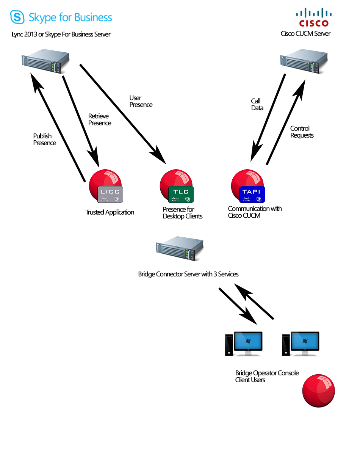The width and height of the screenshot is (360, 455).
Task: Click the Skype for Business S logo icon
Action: point(17,17)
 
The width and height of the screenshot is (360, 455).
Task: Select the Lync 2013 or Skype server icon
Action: point(45,61)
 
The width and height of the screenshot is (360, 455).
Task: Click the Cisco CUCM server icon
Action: point(304,62)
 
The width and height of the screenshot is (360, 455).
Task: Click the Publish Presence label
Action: point(44,140)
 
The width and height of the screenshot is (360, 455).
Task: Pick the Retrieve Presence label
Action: point(100,119)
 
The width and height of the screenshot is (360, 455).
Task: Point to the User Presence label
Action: point(141,101)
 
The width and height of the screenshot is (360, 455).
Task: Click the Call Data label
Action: point(257,104)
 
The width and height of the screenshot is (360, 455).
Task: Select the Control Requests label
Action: point(302,132)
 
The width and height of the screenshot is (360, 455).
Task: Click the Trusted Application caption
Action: point(110,212)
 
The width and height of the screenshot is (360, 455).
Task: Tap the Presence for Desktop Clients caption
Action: point(183,213)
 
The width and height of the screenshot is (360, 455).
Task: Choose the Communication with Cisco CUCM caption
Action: point(255,212)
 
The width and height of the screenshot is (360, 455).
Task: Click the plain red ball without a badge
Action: point(318,391)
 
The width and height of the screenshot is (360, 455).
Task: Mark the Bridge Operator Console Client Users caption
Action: point(267,377)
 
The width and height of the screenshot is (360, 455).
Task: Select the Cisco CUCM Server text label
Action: point(305,34)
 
